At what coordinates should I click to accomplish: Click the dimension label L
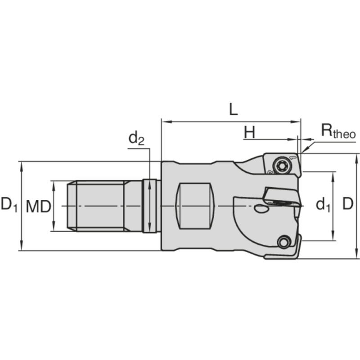pos(233,109)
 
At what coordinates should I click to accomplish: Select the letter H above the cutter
pos(250,132)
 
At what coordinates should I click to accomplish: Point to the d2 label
pos(136,139)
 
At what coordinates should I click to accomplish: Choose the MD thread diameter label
pos(37,207)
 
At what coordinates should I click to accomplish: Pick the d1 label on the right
pos(323,205)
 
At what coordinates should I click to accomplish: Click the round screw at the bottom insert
pos(283,242)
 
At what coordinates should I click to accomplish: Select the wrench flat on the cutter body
pos(194,206)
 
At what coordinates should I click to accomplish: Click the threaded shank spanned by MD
pos(97,206)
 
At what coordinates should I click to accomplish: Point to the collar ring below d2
pos(150,206)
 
